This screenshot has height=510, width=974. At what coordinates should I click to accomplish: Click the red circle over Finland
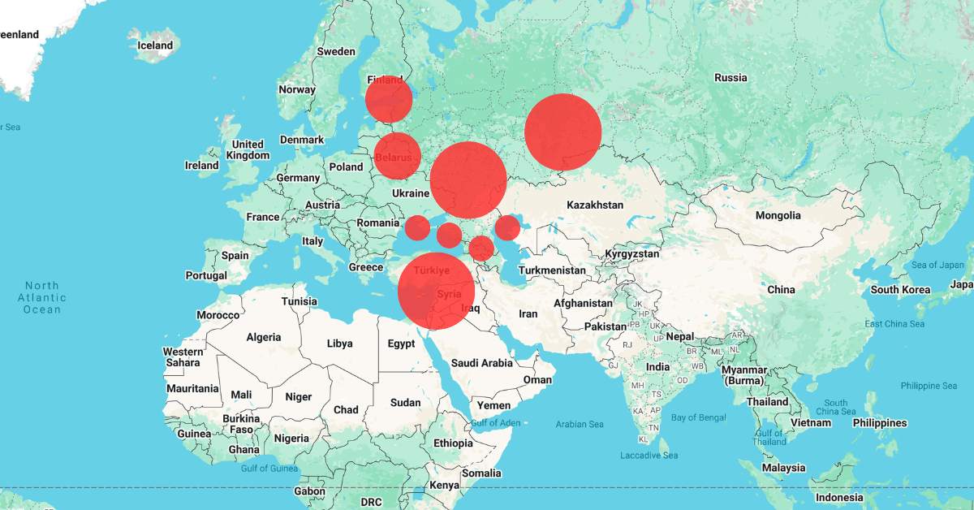(389, 99)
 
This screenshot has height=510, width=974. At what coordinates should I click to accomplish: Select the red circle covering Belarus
(397, 155)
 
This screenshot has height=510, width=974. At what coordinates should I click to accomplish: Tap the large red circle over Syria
(436, 291)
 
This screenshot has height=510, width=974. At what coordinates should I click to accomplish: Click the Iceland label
(154, 45)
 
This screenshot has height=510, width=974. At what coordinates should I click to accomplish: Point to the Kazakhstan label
(595, 205)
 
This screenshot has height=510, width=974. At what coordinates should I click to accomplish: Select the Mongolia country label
(778, 215)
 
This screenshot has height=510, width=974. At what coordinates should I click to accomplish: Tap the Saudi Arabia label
(481, 363)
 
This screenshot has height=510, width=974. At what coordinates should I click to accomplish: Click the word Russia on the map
(730, 77)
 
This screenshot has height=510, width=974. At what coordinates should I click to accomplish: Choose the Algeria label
(263, 337)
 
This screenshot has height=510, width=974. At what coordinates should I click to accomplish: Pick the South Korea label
(900, 290)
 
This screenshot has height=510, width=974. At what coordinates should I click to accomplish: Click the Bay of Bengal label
(699, 417)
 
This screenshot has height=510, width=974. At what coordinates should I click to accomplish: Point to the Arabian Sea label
(580, 424)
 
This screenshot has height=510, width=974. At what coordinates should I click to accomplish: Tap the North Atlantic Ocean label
(42, 297)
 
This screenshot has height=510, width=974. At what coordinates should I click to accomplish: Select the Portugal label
(206, 275)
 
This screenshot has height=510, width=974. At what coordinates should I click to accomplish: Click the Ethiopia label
(453, 443)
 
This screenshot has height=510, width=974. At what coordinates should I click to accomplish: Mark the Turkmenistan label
(551, 270)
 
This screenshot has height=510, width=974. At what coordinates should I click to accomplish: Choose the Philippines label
(879, 423)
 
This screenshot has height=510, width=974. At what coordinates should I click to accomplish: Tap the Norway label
(296, 89)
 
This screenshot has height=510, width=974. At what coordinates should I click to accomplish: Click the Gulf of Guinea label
(270, 469)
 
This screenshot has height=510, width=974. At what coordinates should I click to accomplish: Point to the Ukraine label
(410, 193)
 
